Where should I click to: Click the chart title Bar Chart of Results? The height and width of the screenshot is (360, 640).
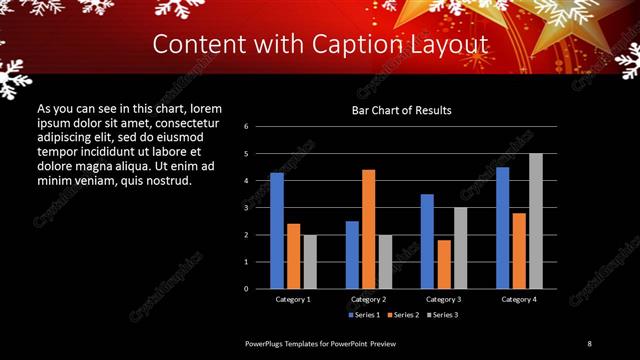click(x=400, y=110)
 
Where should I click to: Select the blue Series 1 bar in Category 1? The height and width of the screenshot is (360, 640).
click(x=277, y=230)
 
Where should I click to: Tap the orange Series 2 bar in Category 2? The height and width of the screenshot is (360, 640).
click(x=368, y=229)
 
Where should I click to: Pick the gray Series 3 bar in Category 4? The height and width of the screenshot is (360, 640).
click(x=535, y=221)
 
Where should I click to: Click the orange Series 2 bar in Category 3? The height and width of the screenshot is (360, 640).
click(x=443, y=264)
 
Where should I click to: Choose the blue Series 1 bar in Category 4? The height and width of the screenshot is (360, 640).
click(x=502, y=227)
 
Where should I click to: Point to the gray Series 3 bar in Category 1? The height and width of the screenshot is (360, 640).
click(x=310, y=261)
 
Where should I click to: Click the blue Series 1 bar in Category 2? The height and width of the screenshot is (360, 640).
click(x=352, y=254)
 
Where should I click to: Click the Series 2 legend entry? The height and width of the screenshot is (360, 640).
click(x=403, y=315)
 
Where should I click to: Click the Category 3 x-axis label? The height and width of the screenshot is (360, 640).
click(x=444, y=299)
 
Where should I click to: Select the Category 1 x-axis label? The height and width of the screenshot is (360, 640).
click(x=293, y=299)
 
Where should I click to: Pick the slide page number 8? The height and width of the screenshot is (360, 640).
click(x=590, y=343)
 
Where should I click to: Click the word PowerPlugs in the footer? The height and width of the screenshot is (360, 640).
click(x=266, y=343)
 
